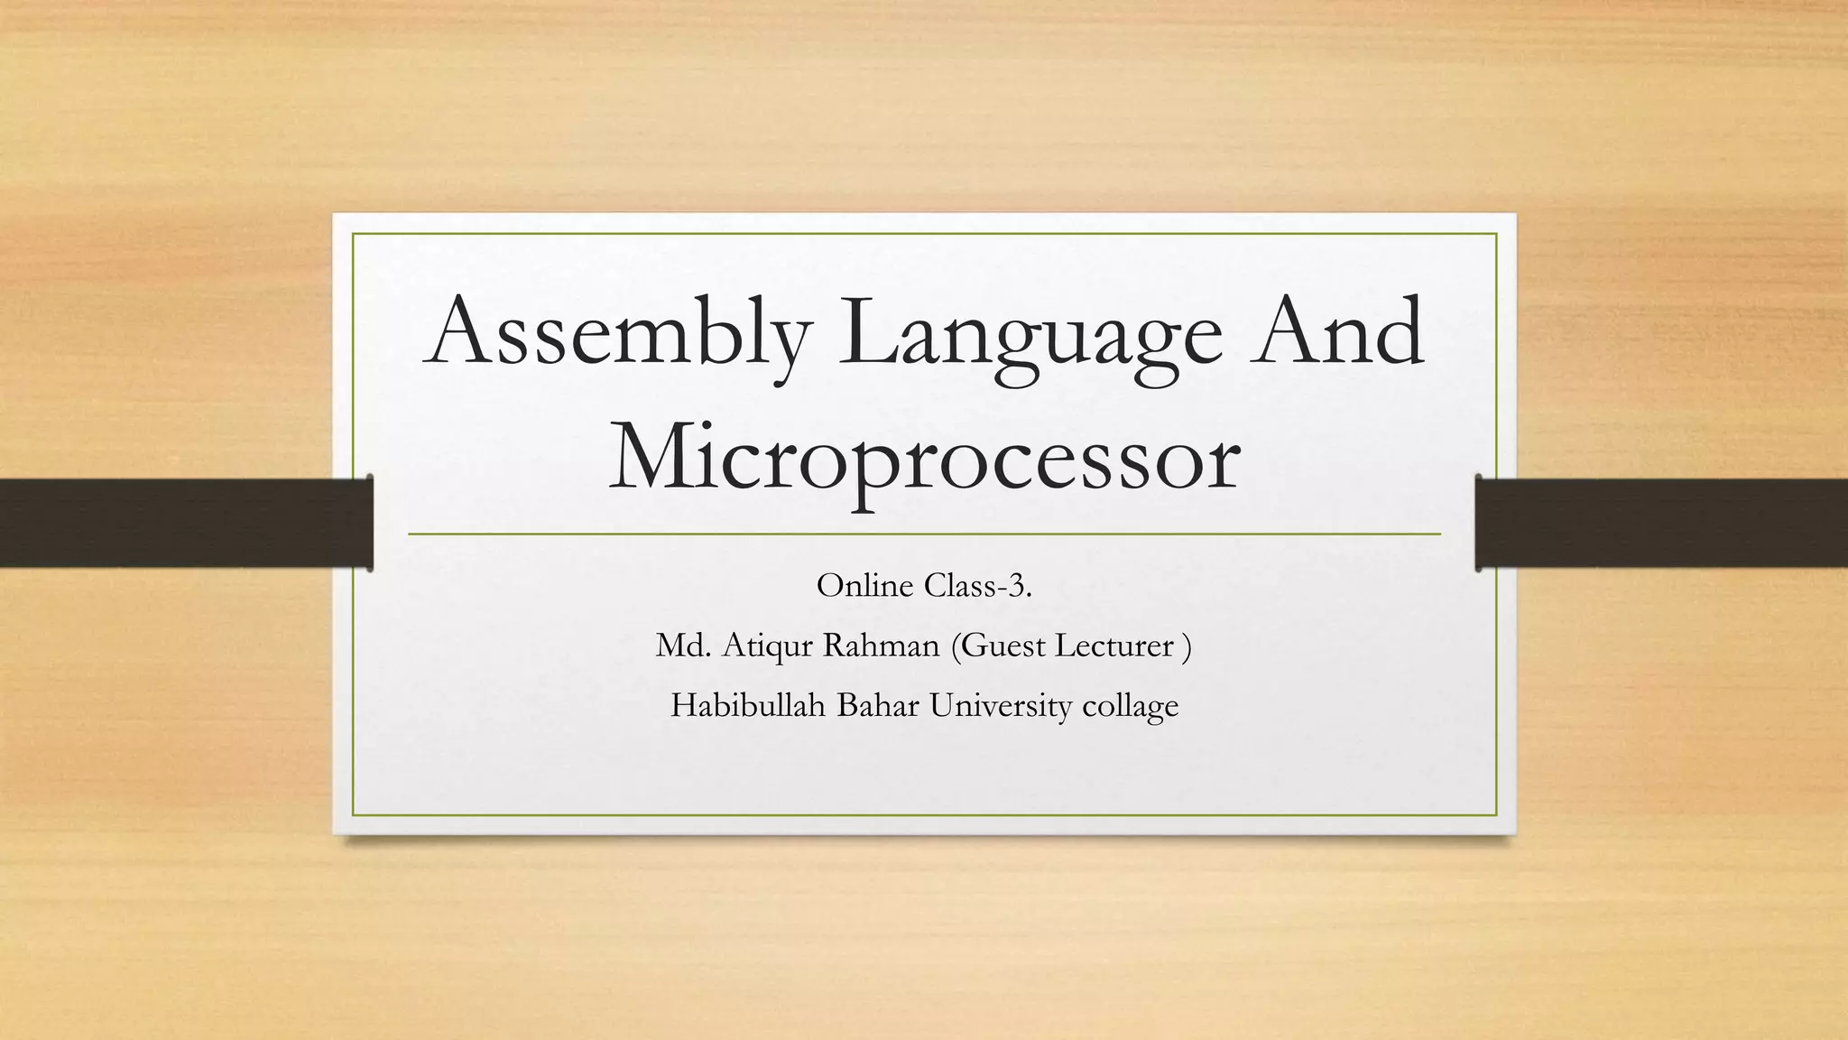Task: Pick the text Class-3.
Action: tap(978, 586)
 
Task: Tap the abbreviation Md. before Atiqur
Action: tap(683, 645)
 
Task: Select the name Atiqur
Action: tap(769, 647)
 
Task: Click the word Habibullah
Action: tap(748, 705)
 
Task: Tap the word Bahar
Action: tap(879, 705)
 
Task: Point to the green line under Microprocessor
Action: tap(924, 534)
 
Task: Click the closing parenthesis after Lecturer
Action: tap(1187, 646)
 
